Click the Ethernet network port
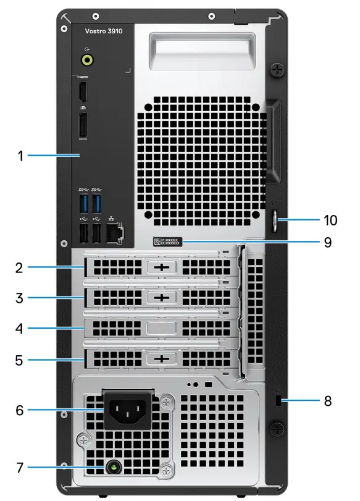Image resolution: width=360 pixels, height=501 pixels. tap(115, 232)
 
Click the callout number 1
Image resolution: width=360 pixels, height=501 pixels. tap(20, 156)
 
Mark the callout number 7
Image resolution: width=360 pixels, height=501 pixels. tap(20, 468)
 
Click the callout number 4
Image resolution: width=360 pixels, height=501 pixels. tap(20, 328)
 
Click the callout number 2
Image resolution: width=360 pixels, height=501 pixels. tap(20, 267)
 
